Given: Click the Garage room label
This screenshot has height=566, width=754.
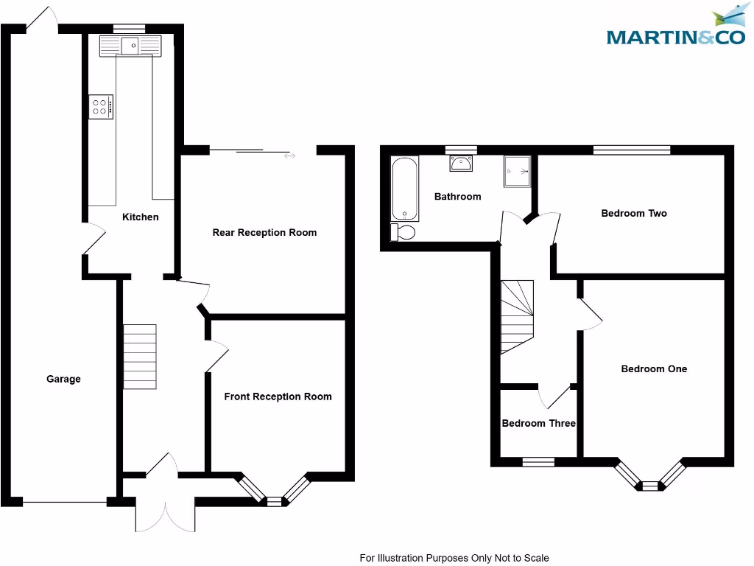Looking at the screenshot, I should (63, 379).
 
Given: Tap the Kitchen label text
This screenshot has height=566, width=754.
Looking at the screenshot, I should (140, 217).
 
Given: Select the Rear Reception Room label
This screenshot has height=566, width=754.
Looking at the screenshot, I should (264, 232).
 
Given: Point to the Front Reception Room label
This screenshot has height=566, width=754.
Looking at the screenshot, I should (278, 396).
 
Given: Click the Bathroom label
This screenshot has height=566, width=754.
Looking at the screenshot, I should (457, 197).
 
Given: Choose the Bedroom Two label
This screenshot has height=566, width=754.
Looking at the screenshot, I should (634, 214).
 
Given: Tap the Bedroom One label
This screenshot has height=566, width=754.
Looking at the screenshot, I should (654, 368).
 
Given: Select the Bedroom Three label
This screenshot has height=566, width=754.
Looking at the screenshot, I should (538, 423).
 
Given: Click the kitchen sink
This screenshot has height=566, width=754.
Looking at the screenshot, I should (131, 46).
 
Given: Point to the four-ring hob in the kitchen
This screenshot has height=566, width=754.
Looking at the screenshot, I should (101, 107).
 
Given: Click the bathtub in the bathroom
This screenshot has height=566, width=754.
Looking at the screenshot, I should (404, 189).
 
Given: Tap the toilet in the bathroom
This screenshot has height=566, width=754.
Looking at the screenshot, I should (403, 233).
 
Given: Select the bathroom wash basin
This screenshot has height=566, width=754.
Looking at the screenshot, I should (462, 163).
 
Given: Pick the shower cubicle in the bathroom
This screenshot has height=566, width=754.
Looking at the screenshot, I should (517, 170).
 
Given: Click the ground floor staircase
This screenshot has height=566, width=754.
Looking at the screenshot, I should (140, 357).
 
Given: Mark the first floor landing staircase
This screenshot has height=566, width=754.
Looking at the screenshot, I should (516, 315).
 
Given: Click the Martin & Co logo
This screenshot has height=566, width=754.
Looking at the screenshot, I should (675, 27).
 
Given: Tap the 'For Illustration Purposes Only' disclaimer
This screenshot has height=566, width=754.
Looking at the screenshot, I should (454, 558).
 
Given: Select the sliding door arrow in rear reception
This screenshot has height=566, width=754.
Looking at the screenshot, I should (289, 156).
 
